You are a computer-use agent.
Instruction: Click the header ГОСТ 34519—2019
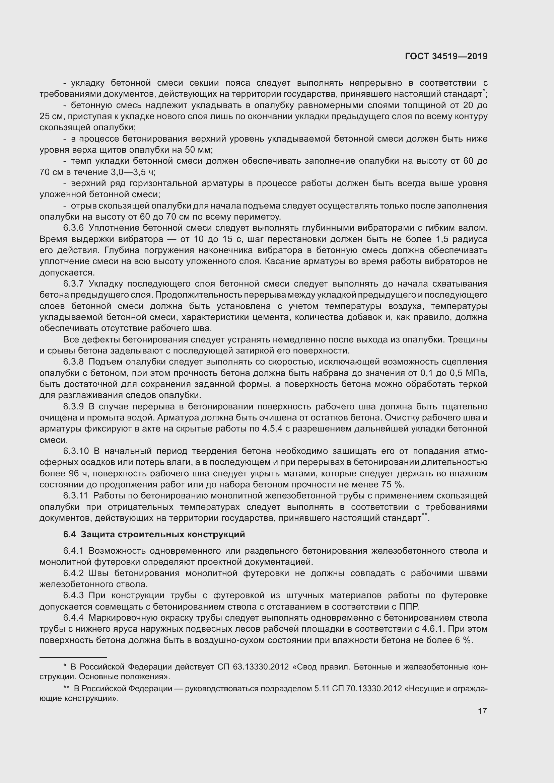[446, 56]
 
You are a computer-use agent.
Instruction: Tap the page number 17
[482, 711]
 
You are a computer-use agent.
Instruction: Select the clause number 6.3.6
[73, 228]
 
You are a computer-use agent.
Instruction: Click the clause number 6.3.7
[73, 284]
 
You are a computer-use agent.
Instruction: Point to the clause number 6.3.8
[73, 362]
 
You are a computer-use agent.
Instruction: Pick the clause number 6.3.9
[73, 406]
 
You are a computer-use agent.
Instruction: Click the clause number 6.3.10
[76, 451]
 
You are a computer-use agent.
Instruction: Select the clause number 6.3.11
[76, 496]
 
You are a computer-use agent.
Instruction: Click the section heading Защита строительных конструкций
[163, 534]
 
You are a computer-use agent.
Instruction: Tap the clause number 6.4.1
[73, 551]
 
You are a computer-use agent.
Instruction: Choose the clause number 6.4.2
[73, 573]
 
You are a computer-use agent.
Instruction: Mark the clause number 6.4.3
[73, 596]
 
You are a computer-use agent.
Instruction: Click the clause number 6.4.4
[73, 618]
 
